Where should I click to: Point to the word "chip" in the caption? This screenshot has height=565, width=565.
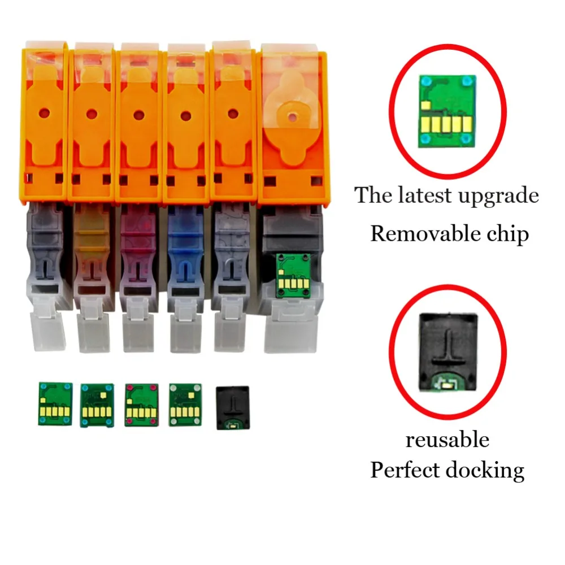506,233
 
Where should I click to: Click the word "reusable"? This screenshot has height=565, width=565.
447,440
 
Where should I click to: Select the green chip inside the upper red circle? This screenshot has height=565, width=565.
446,111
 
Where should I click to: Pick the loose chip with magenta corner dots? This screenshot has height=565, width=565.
141,405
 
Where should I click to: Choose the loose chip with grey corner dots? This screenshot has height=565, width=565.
185,405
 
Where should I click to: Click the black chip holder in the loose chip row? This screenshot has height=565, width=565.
232,408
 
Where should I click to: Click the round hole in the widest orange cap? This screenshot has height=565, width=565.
292,117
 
